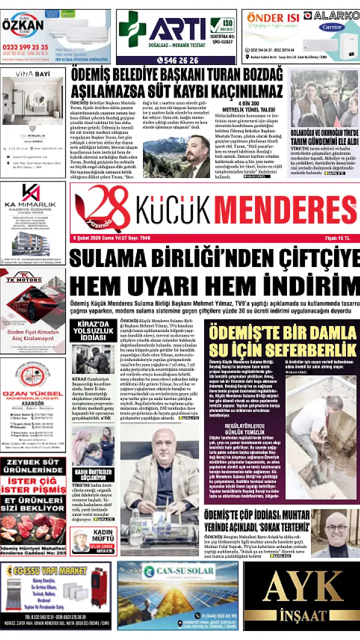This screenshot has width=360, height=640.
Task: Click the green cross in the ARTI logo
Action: (x=132, y=29)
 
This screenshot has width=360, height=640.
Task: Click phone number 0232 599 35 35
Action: (x=25, y=47)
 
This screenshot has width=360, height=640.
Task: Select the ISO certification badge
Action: (x=222, y=25)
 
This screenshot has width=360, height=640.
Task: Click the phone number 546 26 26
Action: (x=177, y=60)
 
